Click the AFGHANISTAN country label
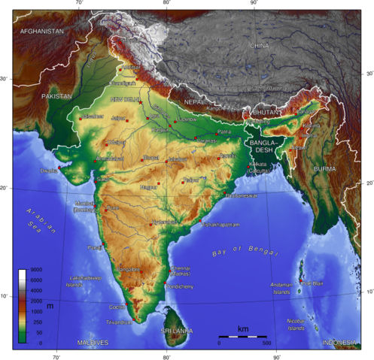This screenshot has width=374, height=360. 42,32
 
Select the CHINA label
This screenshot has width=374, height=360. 259,46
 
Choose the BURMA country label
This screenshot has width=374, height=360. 326,169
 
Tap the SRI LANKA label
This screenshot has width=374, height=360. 177,331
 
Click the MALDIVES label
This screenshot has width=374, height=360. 93,343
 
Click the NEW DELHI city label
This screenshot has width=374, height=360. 126,99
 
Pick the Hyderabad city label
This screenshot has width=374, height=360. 166,222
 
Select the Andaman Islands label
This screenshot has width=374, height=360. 281,289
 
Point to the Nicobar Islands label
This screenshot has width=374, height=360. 296,324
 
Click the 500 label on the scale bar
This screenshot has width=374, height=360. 266,343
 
